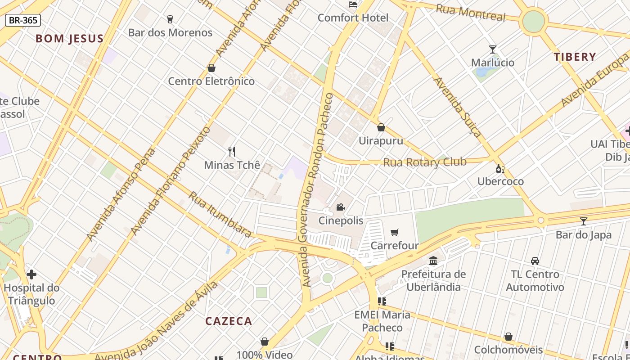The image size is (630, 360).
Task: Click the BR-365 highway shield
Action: click(23, 20)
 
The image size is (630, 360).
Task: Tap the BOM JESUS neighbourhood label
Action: click(70, 39)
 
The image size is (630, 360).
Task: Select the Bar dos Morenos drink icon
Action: click(170, 19)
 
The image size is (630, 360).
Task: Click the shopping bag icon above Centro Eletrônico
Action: click(211, 68)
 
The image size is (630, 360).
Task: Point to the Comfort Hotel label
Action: click(353, 18)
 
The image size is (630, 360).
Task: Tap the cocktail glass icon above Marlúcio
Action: click(493, 49)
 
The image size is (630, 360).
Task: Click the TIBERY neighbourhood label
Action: click(575, 57)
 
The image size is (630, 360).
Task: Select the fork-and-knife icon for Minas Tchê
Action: click(232, 151)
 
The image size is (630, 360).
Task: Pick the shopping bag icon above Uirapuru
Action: click(381, 127)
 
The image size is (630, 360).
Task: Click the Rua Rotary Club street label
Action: click(424, 162)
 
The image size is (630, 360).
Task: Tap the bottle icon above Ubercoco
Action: click(500, 168)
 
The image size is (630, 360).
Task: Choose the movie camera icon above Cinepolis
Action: click(341, 207)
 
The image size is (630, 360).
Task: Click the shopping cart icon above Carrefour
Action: click(395, 232)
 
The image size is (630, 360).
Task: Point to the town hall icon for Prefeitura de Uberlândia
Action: click(434, 261)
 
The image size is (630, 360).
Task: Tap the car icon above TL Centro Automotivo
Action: click(535, 261)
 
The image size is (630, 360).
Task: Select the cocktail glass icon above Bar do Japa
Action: click(584, 221)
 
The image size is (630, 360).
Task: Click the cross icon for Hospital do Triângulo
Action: click(31, 274)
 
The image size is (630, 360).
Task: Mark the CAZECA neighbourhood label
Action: click(229, 321)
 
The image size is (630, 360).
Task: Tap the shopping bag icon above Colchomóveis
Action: click(508, 337)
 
